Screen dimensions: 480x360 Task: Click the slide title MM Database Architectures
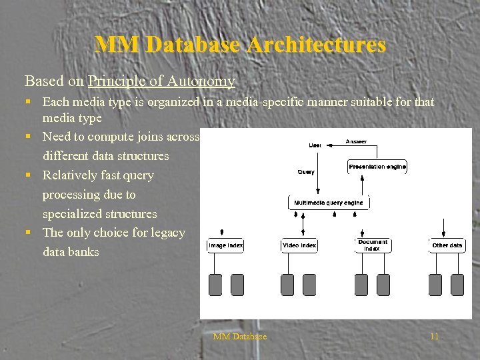click(240, 45)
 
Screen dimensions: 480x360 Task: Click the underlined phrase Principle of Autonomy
click(161, 81)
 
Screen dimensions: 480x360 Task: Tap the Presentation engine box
click(377, 166)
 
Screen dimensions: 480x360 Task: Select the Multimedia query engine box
click(329, 202)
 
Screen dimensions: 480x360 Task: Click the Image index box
click(226, 245)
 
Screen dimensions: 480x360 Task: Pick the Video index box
click(299, 245)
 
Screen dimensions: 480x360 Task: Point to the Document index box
click(373, 245)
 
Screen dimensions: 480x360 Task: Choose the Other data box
click(447, 245)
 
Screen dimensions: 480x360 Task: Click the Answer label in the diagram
click(356, 141)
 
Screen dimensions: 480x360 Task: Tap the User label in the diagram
click(315, 145)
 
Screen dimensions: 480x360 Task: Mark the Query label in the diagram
click(306, 172)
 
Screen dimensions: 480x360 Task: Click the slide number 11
click(434, 337)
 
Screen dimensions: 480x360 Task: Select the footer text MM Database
click(240, 337)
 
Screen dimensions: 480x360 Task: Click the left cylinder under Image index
click(215, 285)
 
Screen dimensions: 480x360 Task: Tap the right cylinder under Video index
click(309, 285)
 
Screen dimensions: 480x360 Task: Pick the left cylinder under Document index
click(361, 285)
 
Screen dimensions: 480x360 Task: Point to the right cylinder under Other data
click(457, 285)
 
